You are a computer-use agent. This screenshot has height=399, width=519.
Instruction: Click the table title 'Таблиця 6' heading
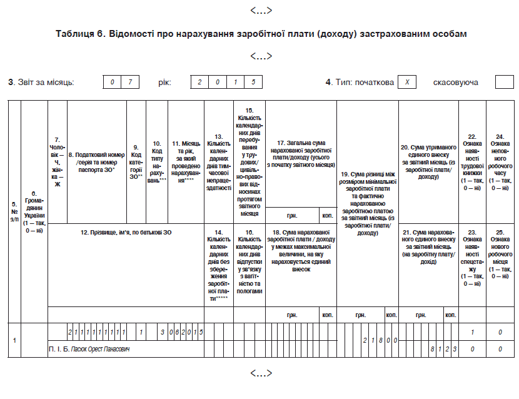coord(261,34)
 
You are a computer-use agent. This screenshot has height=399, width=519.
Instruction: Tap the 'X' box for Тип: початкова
coord(407,83)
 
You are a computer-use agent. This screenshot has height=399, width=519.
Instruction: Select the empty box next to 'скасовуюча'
coord(504,83)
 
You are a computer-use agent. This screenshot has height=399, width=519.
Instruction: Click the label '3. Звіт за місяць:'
coord(41,83)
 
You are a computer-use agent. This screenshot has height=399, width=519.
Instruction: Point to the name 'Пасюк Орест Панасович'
coord(100,348)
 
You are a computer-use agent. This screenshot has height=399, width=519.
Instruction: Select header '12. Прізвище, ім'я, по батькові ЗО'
coord(126,233)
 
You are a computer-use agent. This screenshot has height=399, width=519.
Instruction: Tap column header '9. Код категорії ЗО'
coord(136,162)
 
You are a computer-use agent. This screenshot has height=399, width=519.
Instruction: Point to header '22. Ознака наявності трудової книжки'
coord(472,162)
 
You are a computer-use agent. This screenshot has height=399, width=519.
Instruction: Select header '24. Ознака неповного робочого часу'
coord(500,162)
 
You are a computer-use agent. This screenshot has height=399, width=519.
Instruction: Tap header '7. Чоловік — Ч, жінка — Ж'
coord(57,162)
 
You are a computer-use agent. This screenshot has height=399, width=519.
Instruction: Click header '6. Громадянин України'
coord(34,212)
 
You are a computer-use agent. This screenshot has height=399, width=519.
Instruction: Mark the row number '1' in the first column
coord(14,340)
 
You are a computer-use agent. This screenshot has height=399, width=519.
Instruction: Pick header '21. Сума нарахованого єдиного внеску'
coord(428,249)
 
